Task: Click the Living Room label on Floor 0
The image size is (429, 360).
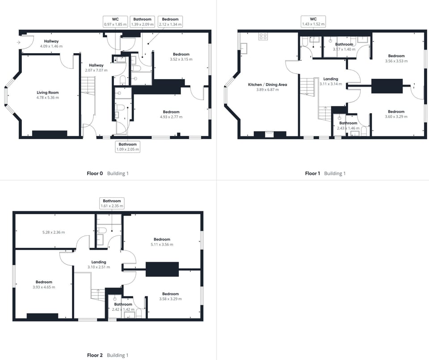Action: (x=48, y=93)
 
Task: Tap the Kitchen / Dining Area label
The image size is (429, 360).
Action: (x=267, y=85)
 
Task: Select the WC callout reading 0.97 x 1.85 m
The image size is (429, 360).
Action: (x=115, y=21)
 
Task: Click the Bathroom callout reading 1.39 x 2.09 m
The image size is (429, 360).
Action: (x=143, y=21)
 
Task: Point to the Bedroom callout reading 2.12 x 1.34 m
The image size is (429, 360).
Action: (x=170, y=21)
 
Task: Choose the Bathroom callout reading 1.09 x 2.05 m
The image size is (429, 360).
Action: (x=127, y=147)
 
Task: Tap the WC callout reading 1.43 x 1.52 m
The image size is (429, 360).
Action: (x=313, y=21)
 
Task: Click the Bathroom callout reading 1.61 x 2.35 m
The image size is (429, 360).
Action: (x=112, y=203)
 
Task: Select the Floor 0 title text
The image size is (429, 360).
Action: (x=95, y=174)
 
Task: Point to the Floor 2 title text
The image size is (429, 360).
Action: (x=95, y=356)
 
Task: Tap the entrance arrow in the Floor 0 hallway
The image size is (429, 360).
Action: (x=18, y=42)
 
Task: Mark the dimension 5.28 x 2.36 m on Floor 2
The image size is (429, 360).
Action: (x=53, y=233)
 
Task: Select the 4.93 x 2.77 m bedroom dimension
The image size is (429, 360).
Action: (x=171, y=117)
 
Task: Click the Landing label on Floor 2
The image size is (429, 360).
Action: (x=99, y=262)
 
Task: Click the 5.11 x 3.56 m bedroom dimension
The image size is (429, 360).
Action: (x=162, y=245)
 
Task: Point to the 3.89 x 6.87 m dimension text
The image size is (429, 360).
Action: (x=267, y=90)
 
